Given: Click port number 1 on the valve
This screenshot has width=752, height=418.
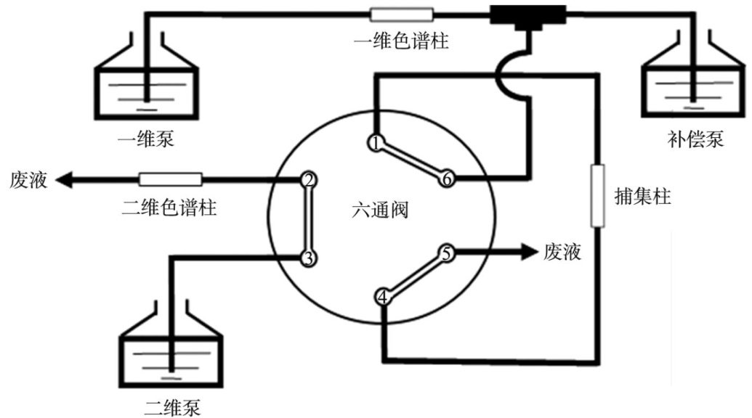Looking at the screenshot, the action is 376,143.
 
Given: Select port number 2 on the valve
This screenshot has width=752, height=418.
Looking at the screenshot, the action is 308,181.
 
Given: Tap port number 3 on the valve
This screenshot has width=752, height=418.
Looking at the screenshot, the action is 308,259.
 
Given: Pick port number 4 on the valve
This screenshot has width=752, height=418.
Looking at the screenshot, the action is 382,298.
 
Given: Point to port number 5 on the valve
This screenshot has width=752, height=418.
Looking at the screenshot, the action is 447,253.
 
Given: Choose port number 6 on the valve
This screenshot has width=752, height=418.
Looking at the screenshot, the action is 447,179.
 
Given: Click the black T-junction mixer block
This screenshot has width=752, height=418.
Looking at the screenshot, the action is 527,16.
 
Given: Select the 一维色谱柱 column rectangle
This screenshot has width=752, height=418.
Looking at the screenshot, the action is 402,15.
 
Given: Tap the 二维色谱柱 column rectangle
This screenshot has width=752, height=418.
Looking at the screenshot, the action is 170,179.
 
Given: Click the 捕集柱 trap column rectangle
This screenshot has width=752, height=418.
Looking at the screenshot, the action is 597,195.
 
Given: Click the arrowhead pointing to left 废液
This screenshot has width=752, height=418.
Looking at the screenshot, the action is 64,180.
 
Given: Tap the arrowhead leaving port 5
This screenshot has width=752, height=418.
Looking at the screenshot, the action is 530,252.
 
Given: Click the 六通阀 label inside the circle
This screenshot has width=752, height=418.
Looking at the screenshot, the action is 380,210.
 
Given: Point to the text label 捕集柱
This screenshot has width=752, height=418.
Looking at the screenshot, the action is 643,197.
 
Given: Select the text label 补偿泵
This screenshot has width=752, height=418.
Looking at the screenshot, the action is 695,139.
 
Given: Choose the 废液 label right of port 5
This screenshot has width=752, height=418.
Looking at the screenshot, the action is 562,252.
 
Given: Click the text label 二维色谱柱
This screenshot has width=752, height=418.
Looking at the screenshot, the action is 169,208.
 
